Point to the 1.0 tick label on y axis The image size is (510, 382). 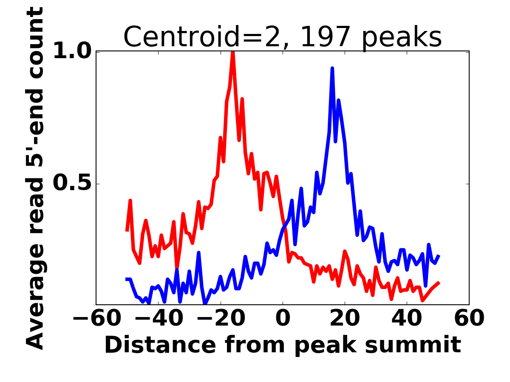tap(71, 51)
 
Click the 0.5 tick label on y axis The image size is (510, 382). tap(71, 184)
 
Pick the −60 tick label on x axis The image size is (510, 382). tap(97, 318)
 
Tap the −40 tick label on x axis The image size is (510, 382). tap(159, 318)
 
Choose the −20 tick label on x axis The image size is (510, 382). tap(221, 318)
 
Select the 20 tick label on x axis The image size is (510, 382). tap(345, 318)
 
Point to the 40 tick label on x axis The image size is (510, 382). tap(407, 318)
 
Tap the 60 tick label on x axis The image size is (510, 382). tap(468, 318)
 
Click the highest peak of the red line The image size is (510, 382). tap(233, 52)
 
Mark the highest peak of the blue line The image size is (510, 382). tap(332, 68)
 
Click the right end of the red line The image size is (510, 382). tap(439, 283)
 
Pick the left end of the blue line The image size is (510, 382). tap(127, 279)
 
